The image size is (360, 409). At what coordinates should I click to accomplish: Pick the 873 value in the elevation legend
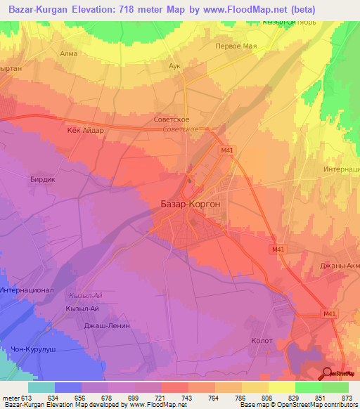tap(345, 398)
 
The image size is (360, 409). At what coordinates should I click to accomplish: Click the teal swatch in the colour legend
tap(41, 387)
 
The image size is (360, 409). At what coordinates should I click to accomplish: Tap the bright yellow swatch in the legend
tap(281, 387)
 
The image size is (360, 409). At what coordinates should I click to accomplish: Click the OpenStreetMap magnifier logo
tap(328, 372)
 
